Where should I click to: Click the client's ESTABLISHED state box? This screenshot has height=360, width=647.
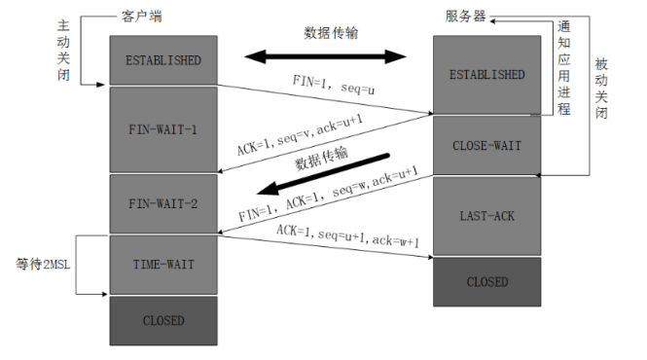pos(163,60)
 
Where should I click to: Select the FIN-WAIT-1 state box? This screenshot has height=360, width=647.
pos(163,129)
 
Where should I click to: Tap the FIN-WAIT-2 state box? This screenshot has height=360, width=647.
pos(163,203)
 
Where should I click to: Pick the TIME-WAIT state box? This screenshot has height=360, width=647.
pos(163,265)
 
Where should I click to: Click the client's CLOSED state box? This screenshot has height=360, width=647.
pos(163,321)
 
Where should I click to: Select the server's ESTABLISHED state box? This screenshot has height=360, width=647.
pos(486,75)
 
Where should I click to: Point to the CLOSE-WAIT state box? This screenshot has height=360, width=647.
pos(486,145)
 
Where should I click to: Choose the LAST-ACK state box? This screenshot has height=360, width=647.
pos(486,216)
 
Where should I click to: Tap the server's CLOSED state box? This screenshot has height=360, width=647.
pos(486,282)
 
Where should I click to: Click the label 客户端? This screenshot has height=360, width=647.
pos(142,17)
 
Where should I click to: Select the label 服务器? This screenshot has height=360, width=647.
pos(465,17)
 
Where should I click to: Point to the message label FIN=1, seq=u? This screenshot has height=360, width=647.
pos(334,85)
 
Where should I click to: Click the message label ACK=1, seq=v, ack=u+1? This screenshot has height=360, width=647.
pos(300,135)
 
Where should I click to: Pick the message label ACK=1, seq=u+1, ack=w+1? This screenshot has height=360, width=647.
pos(348,236)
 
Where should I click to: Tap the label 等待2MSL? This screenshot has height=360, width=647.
pos(43,265)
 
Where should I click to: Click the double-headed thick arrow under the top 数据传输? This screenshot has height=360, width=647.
pos(325,56)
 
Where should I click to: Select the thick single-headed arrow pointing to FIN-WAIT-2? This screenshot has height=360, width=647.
pos(323,174)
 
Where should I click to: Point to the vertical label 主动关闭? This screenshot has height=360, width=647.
pos(63,50)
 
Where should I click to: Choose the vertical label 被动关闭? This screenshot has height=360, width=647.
pos(601,89)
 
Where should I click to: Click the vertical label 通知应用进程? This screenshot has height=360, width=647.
pos(564,68)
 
